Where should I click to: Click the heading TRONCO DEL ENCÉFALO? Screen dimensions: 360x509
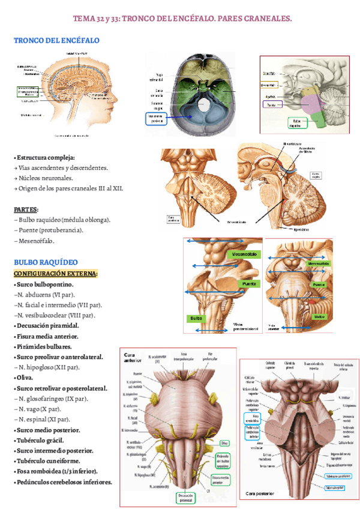click(56, 40)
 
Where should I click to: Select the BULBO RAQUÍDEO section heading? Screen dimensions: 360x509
click(46, 262)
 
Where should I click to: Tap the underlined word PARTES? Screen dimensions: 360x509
click(26, 209)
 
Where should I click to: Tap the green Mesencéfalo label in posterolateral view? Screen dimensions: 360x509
click(245, 255)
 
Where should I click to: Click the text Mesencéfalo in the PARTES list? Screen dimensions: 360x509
click(35, 241)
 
